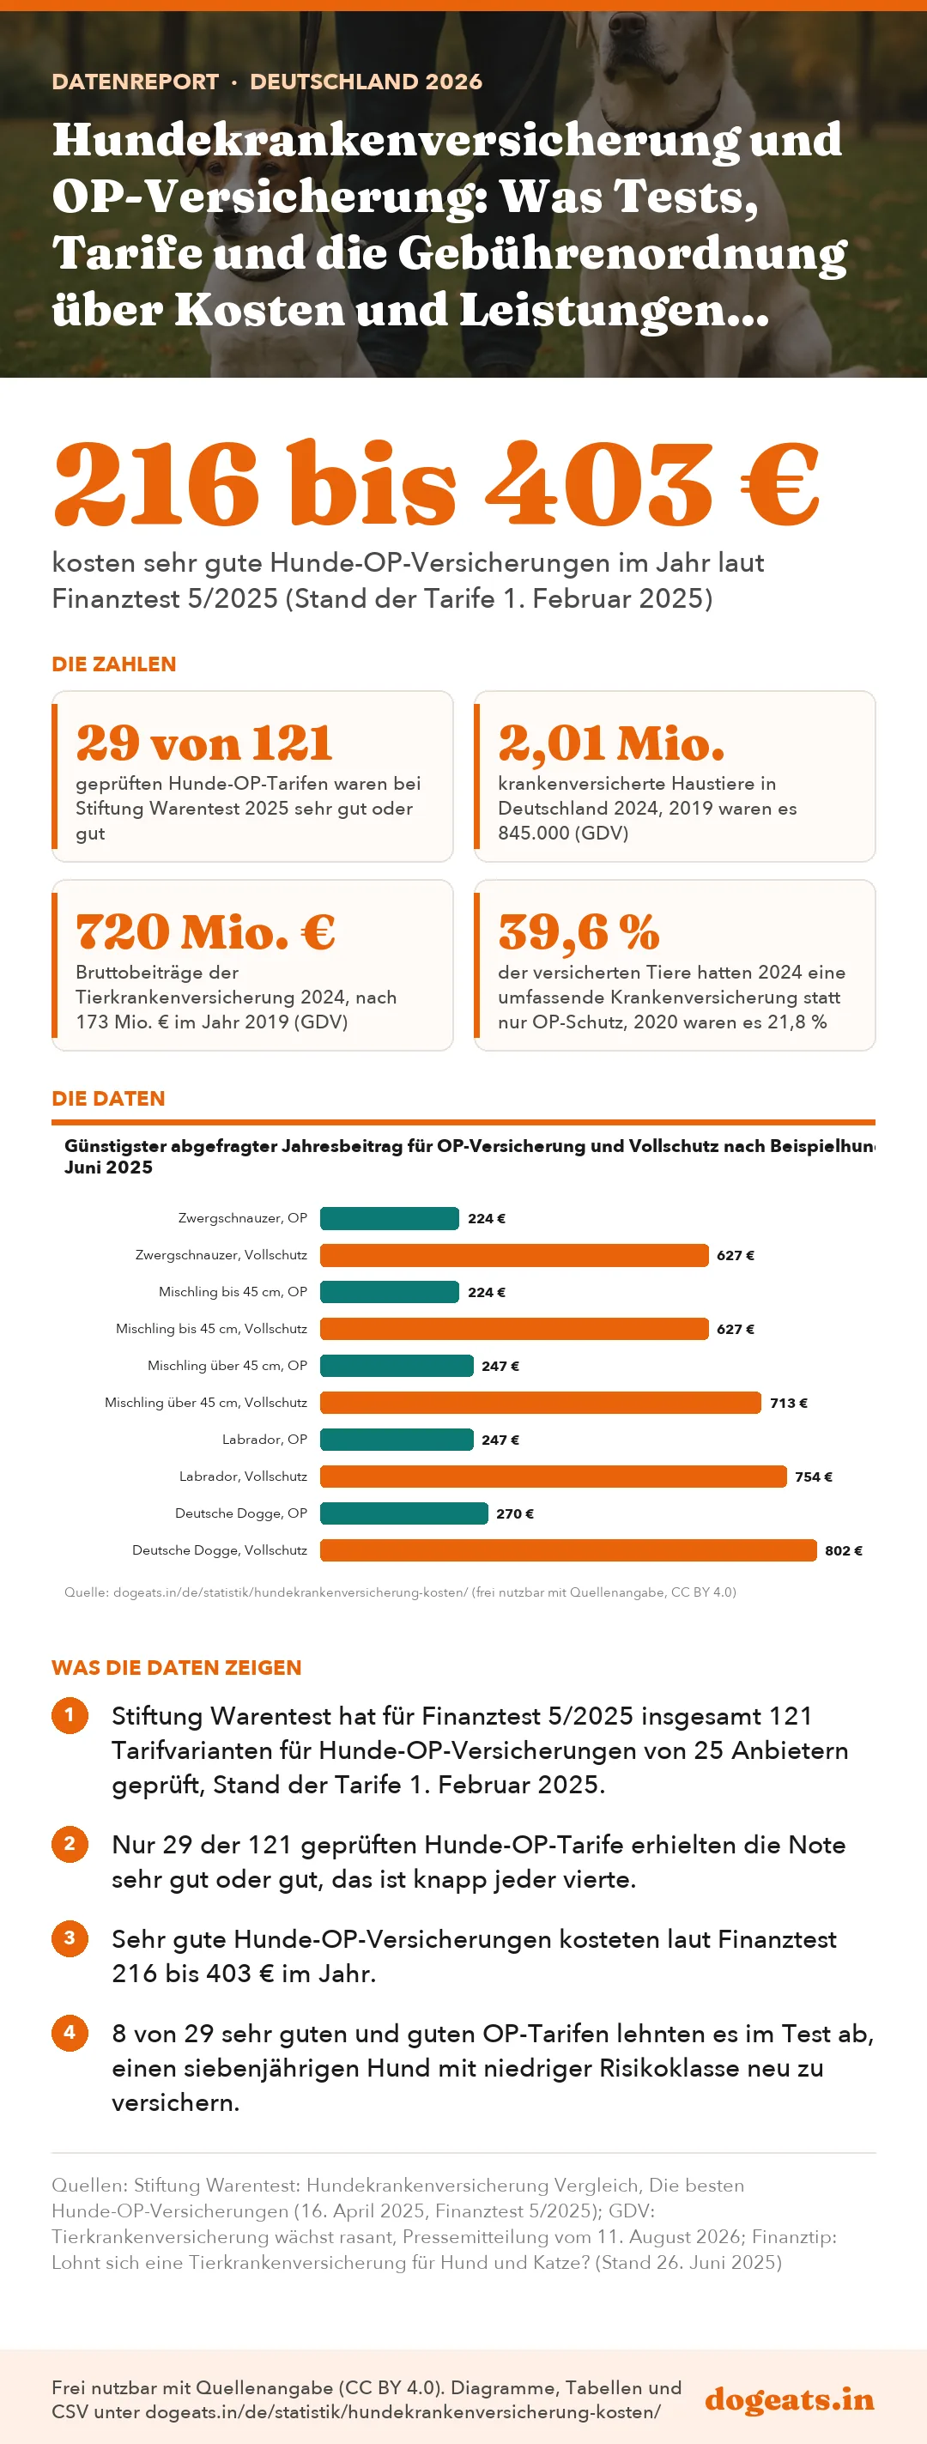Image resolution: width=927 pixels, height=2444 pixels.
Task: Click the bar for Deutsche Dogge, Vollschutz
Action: [568, 1550]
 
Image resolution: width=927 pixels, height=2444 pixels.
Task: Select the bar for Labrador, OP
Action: [397, 1440]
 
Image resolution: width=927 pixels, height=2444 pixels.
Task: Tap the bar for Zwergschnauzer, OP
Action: [390, 1218]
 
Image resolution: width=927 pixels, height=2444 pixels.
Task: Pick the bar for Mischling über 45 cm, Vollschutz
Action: [541, 1402]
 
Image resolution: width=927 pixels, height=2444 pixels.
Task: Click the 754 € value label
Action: [813, 1477]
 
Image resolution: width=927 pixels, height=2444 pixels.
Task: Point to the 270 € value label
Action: [515, 1513]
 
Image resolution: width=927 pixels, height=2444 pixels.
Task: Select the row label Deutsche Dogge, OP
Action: [241, 1513]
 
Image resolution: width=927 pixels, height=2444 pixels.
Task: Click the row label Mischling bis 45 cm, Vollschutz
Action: [212, 1328]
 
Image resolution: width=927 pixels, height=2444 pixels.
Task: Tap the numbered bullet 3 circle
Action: [70, 1938]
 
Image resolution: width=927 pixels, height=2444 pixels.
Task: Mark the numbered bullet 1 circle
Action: [70, 1714]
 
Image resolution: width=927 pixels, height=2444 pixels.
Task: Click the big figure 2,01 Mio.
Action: [611, 743]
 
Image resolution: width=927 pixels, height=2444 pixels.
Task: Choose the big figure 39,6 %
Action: [579, 931]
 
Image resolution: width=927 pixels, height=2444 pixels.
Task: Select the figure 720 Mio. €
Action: [205, 931]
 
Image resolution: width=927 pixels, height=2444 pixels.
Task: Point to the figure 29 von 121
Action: [204, 743]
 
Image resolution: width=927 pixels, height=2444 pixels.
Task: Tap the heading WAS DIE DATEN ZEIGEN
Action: [177, 1667]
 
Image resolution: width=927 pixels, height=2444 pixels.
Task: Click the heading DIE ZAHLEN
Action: [114, 664]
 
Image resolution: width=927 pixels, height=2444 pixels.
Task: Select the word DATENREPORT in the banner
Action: [135, 82]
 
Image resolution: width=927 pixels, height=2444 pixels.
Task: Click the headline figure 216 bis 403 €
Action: [436, 484]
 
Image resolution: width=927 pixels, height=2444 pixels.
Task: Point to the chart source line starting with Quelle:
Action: [400, 1592]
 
